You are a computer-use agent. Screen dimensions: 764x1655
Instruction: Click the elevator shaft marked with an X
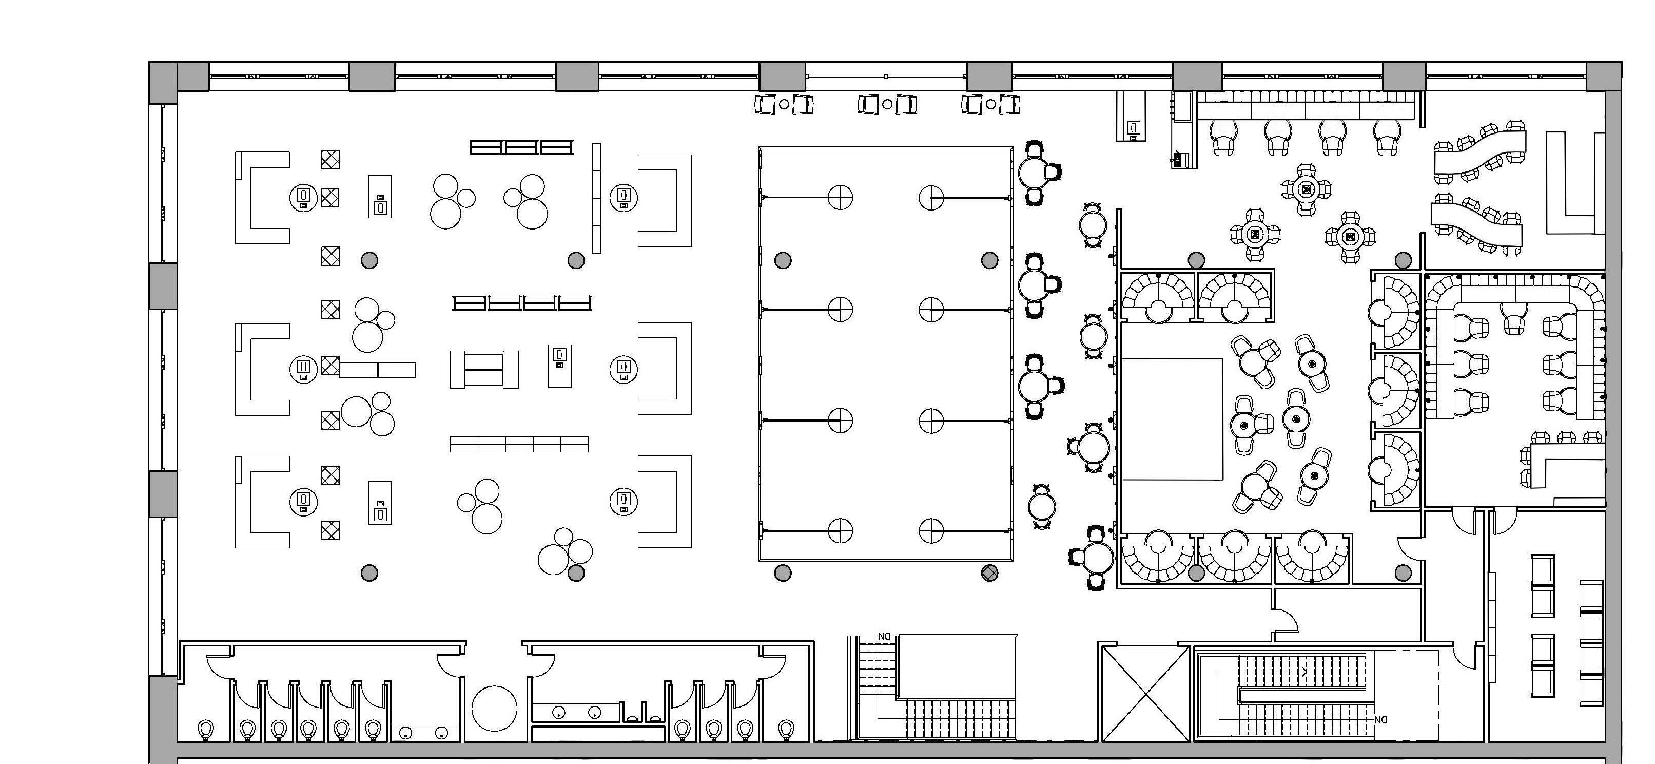tap(1145, 694)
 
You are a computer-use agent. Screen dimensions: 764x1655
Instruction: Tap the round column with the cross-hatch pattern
tap(990, 572)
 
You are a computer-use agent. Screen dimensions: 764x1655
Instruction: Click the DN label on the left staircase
tap(885, 637)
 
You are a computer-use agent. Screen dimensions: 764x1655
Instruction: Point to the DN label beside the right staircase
tap(1380, 720)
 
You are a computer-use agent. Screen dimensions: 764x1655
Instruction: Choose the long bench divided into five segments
tap(519, 444)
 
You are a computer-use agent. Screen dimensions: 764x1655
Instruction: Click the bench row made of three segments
tap(521, 147)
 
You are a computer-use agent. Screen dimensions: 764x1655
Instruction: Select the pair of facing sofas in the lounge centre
tap(484, 370)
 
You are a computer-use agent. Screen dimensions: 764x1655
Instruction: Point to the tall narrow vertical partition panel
tap(596, 198)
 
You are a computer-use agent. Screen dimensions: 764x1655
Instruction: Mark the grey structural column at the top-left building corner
tap(163, 82)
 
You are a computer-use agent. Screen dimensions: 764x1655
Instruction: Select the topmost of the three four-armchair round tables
tap(1306, 189)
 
